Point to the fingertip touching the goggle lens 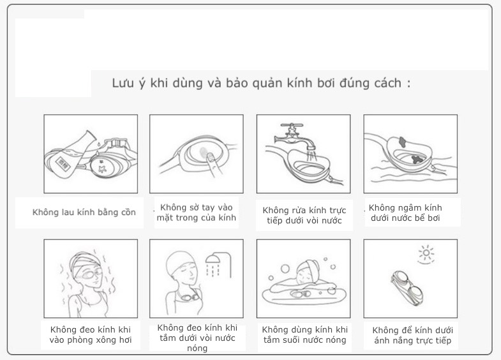point(210,156)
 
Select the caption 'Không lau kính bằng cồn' point(84,213)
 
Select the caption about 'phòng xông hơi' point(91,334)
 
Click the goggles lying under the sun point(407,287)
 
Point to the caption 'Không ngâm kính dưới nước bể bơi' point(405,213)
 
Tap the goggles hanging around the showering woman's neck point(190,298)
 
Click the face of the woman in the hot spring point(304,274)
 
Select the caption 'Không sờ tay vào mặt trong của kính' point(196,213)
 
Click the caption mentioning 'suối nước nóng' point(304,334)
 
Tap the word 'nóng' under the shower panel point(197,348)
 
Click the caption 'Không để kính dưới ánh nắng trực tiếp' point(412,335)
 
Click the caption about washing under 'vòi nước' point(304,215)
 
